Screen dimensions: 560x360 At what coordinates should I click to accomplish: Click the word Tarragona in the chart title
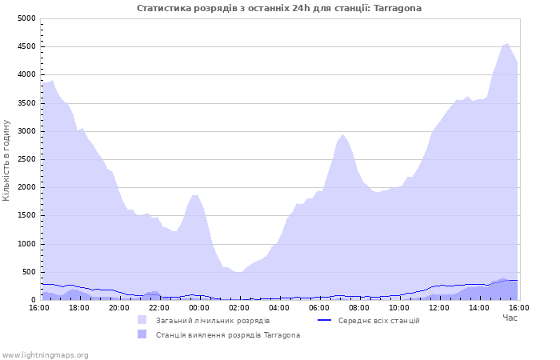pos(398,8)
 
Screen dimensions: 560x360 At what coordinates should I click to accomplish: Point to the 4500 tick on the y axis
pos(26,46)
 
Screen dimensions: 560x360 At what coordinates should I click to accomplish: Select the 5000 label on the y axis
pos(26,18)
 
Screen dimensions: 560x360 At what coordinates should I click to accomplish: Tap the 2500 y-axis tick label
pos(26,160)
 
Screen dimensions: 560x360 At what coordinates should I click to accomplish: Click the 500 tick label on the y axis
pos(29,272)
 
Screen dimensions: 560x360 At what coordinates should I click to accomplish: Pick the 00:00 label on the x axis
pos(199,308)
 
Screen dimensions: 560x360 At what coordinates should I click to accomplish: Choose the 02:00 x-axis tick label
pos(239,308)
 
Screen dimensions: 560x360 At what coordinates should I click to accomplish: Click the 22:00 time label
pos(159,308)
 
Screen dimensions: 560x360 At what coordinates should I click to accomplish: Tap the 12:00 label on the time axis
pos(439,308)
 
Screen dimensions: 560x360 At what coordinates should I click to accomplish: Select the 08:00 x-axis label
pos(359,308)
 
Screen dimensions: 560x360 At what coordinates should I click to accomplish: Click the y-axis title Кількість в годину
pos(6,160)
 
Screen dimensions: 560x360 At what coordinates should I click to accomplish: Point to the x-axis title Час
pos(510,318)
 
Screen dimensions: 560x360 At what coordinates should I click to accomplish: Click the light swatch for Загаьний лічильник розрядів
pos(142,320)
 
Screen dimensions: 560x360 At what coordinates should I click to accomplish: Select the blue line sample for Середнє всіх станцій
pos(324,320)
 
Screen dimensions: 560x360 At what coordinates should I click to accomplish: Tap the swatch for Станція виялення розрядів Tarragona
pos(142,334)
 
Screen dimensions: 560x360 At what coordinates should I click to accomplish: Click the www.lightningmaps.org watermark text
pos(45,355)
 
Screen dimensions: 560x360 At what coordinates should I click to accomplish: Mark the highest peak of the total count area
pos(507,44)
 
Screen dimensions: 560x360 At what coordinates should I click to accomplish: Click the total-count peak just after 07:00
pos(342,135)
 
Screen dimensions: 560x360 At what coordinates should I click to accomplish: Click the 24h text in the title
pos(302,8)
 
